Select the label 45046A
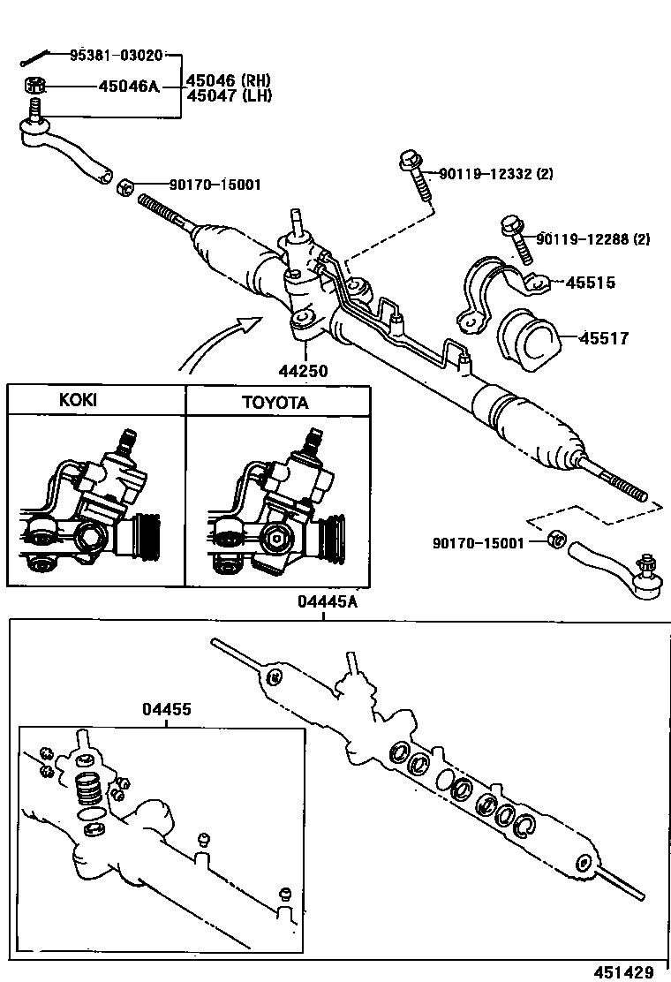[x=128, y=87]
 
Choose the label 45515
[x=590, y=283]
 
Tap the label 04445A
[x=327, y=602]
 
